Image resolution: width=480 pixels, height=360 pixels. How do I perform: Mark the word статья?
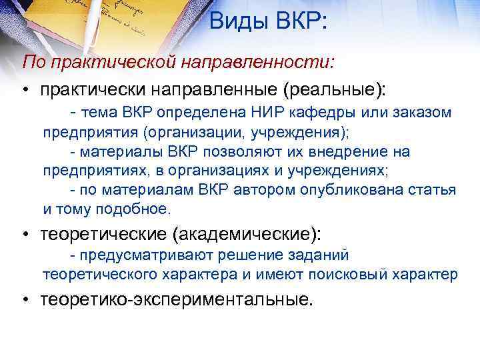click(431, 190)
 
